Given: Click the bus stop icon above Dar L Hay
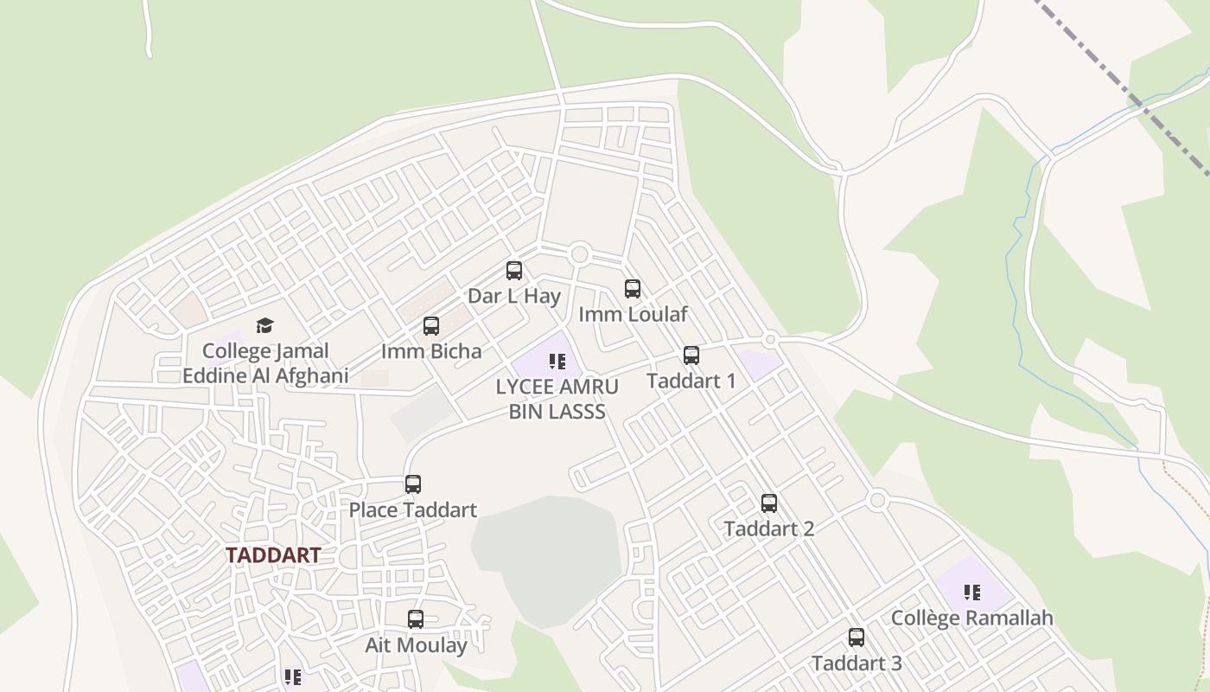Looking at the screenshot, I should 514,271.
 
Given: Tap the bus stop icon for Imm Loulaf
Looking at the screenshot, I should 633,289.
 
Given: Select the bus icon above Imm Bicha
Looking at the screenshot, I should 431,326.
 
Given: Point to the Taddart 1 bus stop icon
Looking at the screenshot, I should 691,356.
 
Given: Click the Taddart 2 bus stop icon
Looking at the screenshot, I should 769,503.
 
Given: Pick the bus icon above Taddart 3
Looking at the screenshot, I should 857,638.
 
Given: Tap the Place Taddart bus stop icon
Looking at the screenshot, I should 413,484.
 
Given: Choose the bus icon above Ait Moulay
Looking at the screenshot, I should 416,619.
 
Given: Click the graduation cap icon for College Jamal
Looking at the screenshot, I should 264,325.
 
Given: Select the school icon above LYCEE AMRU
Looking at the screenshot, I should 557,361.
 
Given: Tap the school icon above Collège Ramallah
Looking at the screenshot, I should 972,593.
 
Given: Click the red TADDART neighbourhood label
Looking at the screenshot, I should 273,555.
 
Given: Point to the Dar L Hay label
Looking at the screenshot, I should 514,296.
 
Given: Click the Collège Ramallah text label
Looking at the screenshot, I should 972,618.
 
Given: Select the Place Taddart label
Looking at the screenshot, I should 413,509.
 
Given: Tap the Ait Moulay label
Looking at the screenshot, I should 416,644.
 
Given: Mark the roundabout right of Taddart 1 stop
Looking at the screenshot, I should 770,340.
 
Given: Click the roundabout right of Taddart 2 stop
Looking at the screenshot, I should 878,500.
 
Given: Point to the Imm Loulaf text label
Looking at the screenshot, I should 633,314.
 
